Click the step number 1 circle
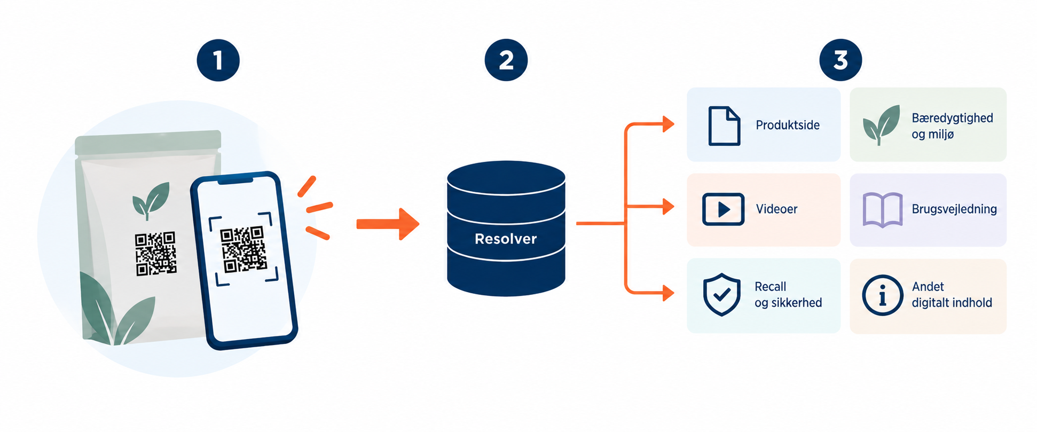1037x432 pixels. (x=218, y=60)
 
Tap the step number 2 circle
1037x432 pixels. (x=506, y=60)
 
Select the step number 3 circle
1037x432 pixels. (x=840, y=60)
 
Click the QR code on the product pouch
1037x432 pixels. (x=155, y=254)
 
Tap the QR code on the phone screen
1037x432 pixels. (x=243, y=249)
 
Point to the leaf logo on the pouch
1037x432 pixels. (x=151, y=200)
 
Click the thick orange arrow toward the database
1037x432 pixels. (x=388, y=224)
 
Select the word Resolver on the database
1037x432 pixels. (x=506, y=239)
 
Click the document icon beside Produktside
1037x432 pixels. (x=724, y=126)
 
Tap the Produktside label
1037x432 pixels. (x=788, y=125)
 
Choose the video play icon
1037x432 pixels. (x=723, y=209)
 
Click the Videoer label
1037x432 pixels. (x=776, y=209)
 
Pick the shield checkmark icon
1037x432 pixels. (x=721, y=295)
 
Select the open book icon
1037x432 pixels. (x=882, y=210)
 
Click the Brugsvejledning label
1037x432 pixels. (x=954, y=209)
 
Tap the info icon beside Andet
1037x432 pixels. (x=882, y=295)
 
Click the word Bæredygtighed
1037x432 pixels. (x=952, y=118)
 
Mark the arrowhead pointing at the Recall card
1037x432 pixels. (x=668, y=293)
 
